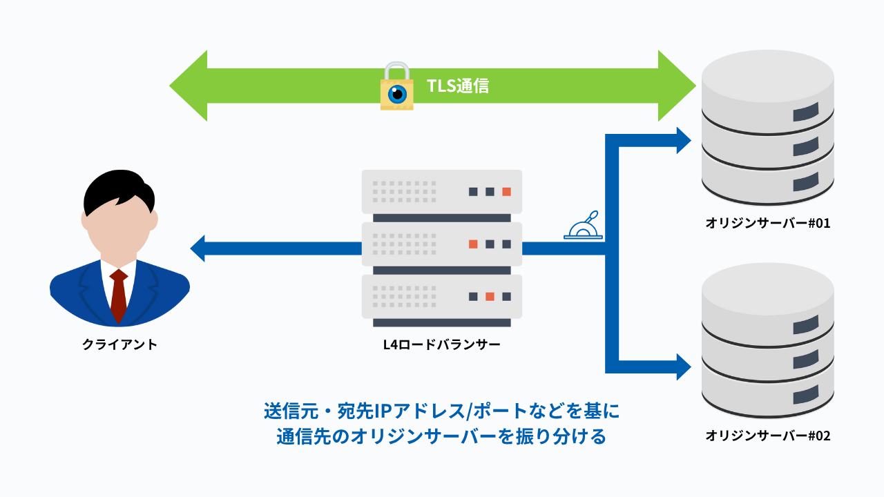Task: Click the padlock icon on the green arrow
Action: (397, 88)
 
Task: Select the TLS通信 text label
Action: (458, 86)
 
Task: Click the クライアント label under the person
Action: (119, 344)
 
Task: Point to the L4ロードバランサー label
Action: (442, 344)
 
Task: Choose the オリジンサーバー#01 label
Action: (767, 223)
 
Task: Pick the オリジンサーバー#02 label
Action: (767, 436)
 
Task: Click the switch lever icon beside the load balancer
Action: (584, 226)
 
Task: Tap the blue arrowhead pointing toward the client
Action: (198, 248)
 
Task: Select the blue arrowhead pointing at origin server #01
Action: (683, 141)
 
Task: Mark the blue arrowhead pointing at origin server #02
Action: (683, 367)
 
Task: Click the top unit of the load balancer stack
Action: (442, 191)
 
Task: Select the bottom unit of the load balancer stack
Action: (442, 296)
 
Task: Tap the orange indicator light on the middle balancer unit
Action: (473, 244)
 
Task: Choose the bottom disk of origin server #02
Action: (767, 393)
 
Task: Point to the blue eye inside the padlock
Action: (397, 95)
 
